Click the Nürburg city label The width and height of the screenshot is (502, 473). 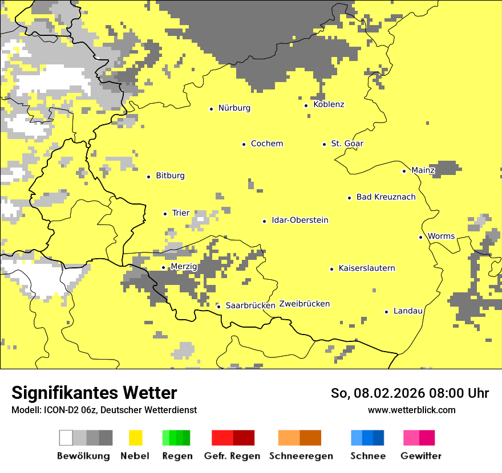pos(234,108)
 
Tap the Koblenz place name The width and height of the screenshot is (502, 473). pos(329,104)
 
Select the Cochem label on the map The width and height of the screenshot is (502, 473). pos(266,144)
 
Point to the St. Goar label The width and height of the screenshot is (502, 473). pos(347,144)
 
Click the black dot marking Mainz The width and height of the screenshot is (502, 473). pos(404,171)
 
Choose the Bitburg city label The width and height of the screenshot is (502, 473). pos(170,176)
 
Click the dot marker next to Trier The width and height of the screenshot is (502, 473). pos(165,214)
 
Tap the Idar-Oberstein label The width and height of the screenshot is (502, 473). pos(299,220)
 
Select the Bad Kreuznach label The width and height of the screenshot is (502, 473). pos(386,197)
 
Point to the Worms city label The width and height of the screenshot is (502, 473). pos(441,236)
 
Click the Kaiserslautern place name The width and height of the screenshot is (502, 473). pos(366,268)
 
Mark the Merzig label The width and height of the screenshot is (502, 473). pos(184,267)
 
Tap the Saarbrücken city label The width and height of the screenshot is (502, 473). pos(250,305)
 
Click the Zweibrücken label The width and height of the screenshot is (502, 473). pos(304,304)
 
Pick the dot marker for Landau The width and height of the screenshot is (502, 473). pos(386,312)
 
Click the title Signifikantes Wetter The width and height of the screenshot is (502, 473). pos(94,393)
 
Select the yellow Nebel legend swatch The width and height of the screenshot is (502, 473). pos(135,438)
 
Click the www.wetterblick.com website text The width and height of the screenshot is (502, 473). pos(411,410)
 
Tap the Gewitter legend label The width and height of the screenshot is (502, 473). pos(420,456)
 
